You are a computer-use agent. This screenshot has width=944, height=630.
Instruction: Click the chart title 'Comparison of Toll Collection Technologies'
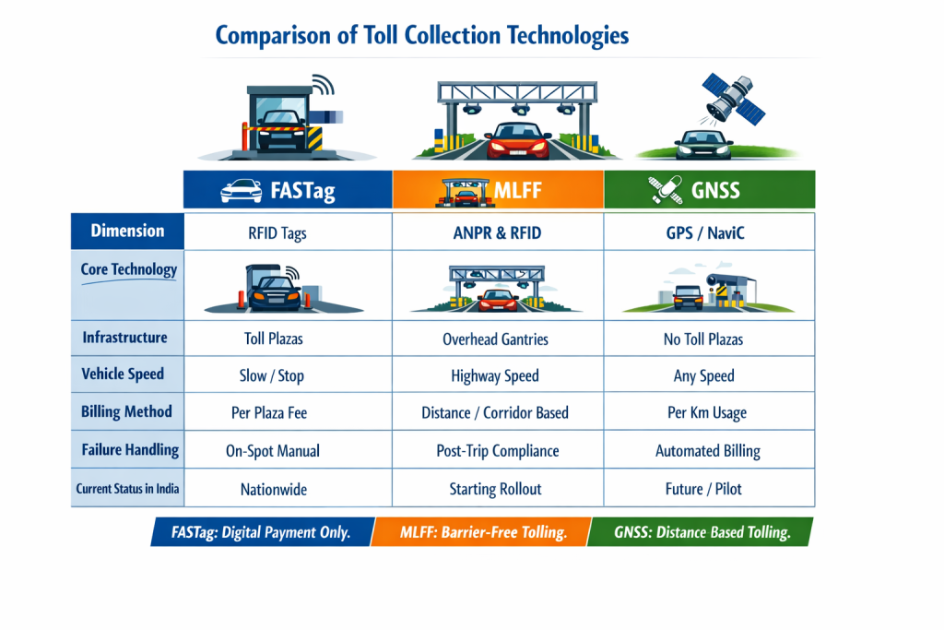pos(421,36)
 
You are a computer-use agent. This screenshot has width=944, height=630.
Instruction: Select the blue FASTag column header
pos(288,190)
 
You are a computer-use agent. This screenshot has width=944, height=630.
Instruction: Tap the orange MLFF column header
pos(498,190)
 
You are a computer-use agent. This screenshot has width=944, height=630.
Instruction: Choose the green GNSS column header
pos(709,190)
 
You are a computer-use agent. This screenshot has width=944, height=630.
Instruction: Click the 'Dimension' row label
pos(127,231)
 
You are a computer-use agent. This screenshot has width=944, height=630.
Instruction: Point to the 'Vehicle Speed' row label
pos(123,374)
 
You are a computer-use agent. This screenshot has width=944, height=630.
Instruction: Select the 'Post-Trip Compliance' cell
pos(497,451)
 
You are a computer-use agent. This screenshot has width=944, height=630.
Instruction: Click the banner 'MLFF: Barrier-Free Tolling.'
pos(482,532)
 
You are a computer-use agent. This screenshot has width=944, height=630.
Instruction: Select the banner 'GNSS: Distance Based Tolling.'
pos(702,532)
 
